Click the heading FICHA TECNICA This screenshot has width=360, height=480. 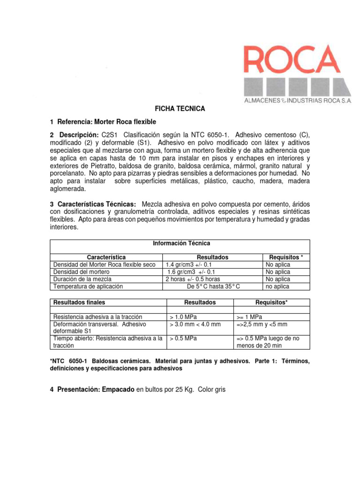pyautogui.click(x=180, y=108)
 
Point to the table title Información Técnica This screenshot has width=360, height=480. pyautogui.click(x=181, y=243)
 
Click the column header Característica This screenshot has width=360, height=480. pyautogui.click(x=106, y=257)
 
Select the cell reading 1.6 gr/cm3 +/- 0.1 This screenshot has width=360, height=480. pyautogui.click(x=191, y=272)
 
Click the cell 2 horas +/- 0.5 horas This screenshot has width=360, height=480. pyautogui.click(x=193, y=279)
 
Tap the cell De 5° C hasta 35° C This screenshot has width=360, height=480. pyautogui.click(x=213, y=286)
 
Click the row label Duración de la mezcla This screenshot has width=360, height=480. pyautogui.click(x=82, y=279)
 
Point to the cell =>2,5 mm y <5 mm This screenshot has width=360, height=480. pyautogui.click(x=262, y=324)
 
